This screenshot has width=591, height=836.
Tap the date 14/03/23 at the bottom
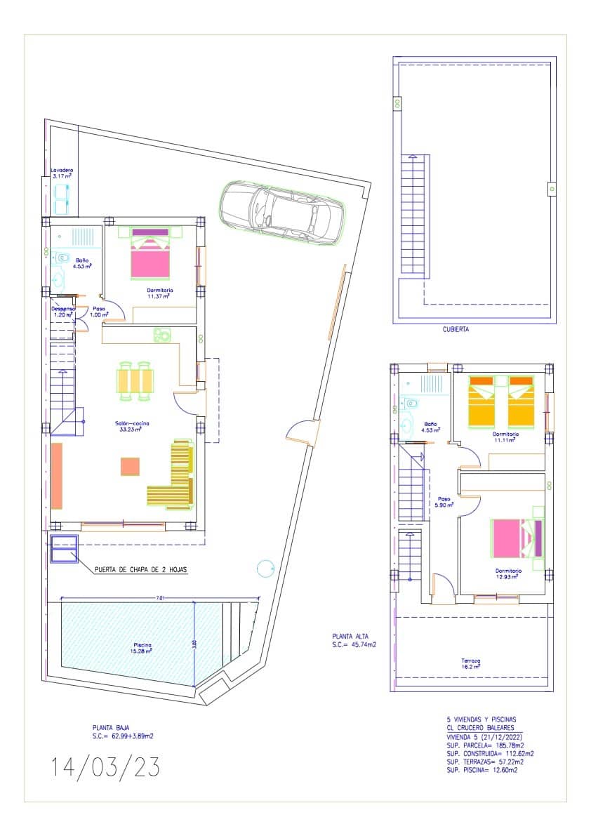[105, 767]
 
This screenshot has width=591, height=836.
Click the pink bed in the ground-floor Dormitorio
[150, 256]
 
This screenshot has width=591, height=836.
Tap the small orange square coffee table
[130, 466]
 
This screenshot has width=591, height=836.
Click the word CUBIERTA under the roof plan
[456, 329]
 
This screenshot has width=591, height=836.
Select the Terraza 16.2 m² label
[471, 664]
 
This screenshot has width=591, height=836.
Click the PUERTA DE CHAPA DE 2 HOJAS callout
[141, 570]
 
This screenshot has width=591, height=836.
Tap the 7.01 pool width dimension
[160, 598]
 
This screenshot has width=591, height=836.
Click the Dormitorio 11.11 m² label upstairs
[505, 437]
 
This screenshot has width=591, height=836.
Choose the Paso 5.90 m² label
[444, 500]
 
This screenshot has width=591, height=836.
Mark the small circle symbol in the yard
[265, 567]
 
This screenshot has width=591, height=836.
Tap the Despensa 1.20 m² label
[62, 312]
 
